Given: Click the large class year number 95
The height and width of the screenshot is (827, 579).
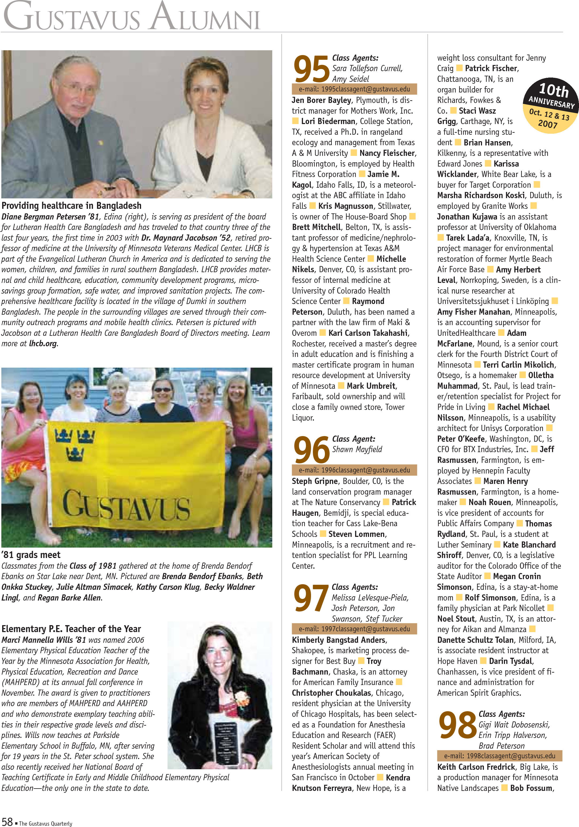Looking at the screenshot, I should [311, 69].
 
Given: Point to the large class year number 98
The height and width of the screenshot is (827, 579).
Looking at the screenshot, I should [457, 725].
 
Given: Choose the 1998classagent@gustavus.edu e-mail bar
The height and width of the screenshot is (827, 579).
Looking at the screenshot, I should [499, 756].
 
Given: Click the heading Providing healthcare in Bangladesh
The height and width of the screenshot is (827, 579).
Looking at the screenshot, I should [71, 206].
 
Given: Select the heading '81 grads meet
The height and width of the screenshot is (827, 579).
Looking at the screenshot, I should [31, 555].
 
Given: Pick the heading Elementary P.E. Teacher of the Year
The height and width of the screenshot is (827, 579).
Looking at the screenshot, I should [71, 629].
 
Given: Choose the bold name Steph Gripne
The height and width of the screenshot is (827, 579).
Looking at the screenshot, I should [315, 481].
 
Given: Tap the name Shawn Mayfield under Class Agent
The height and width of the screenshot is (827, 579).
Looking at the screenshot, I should [357, 449].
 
